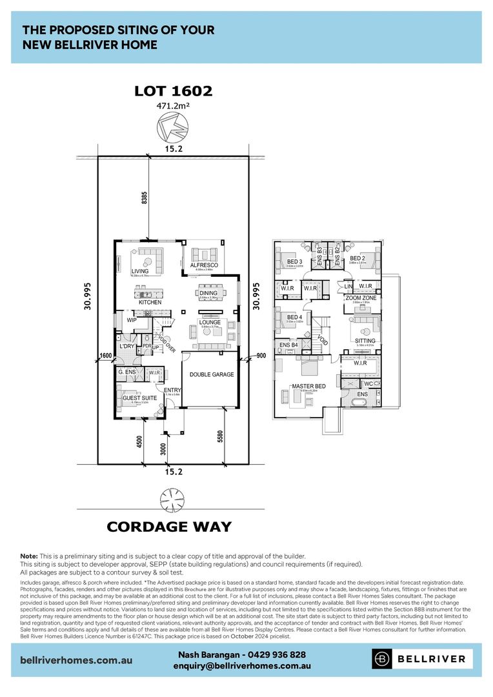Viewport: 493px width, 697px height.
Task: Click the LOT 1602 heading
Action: [x=173, y=91]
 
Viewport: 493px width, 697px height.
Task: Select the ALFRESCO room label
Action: [x=204, y=265]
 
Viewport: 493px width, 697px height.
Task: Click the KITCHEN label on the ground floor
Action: [x=150, y=302]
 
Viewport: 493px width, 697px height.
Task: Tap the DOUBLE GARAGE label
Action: [x=211, y=374]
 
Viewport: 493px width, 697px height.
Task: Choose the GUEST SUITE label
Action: [x=139, y=398]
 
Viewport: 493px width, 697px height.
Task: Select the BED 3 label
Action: [x=294, y=261]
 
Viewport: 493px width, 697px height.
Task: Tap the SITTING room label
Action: [x=365, y=341]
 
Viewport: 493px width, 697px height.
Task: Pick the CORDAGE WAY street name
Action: [x=169, y=527]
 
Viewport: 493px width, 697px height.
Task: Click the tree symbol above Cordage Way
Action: [x=172, y=500]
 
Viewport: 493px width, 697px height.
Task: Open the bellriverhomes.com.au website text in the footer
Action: [x=77, y=660]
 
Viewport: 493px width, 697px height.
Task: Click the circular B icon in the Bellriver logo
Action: [x=383, y=659]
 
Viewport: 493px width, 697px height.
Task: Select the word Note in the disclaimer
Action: [x=29, y=556]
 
